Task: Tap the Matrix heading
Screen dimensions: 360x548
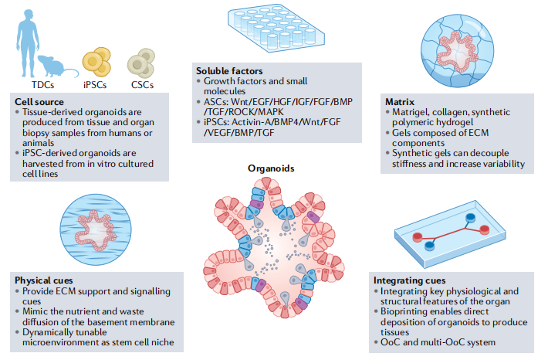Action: (x=400, y=101)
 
